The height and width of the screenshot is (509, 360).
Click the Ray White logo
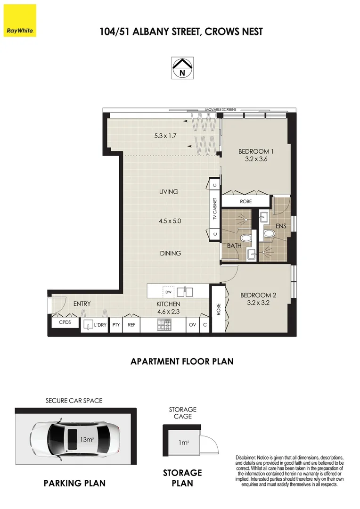[19, 21]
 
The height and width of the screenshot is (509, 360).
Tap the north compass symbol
[181, 67]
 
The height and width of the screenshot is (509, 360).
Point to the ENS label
[281, 227]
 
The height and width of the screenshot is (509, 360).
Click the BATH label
[235, 246]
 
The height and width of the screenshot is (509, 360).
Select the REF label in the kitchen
[131, 325]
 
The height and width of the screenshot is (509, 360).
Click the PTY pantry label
[116, 325]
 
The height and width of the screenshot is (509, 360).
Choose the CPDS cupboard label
[65, 323]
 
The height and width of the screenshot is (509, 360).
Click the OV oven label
[192, 325]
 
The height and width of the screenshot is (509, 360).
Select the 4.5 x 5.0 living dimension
[170, 221]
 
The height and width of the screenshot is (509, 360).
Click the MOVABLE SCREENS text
[221, 109]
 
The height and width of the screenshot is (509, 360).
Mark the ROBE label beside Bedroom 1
[245, 201]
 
